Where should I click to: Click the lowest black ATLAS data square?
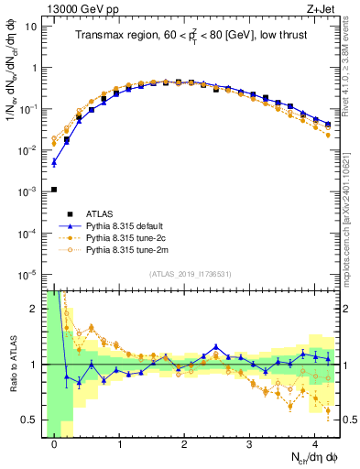(54, 190)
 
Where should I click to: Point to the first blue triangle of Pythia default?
(54, 163)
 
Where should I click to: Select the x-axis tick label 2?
(184, 444)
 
